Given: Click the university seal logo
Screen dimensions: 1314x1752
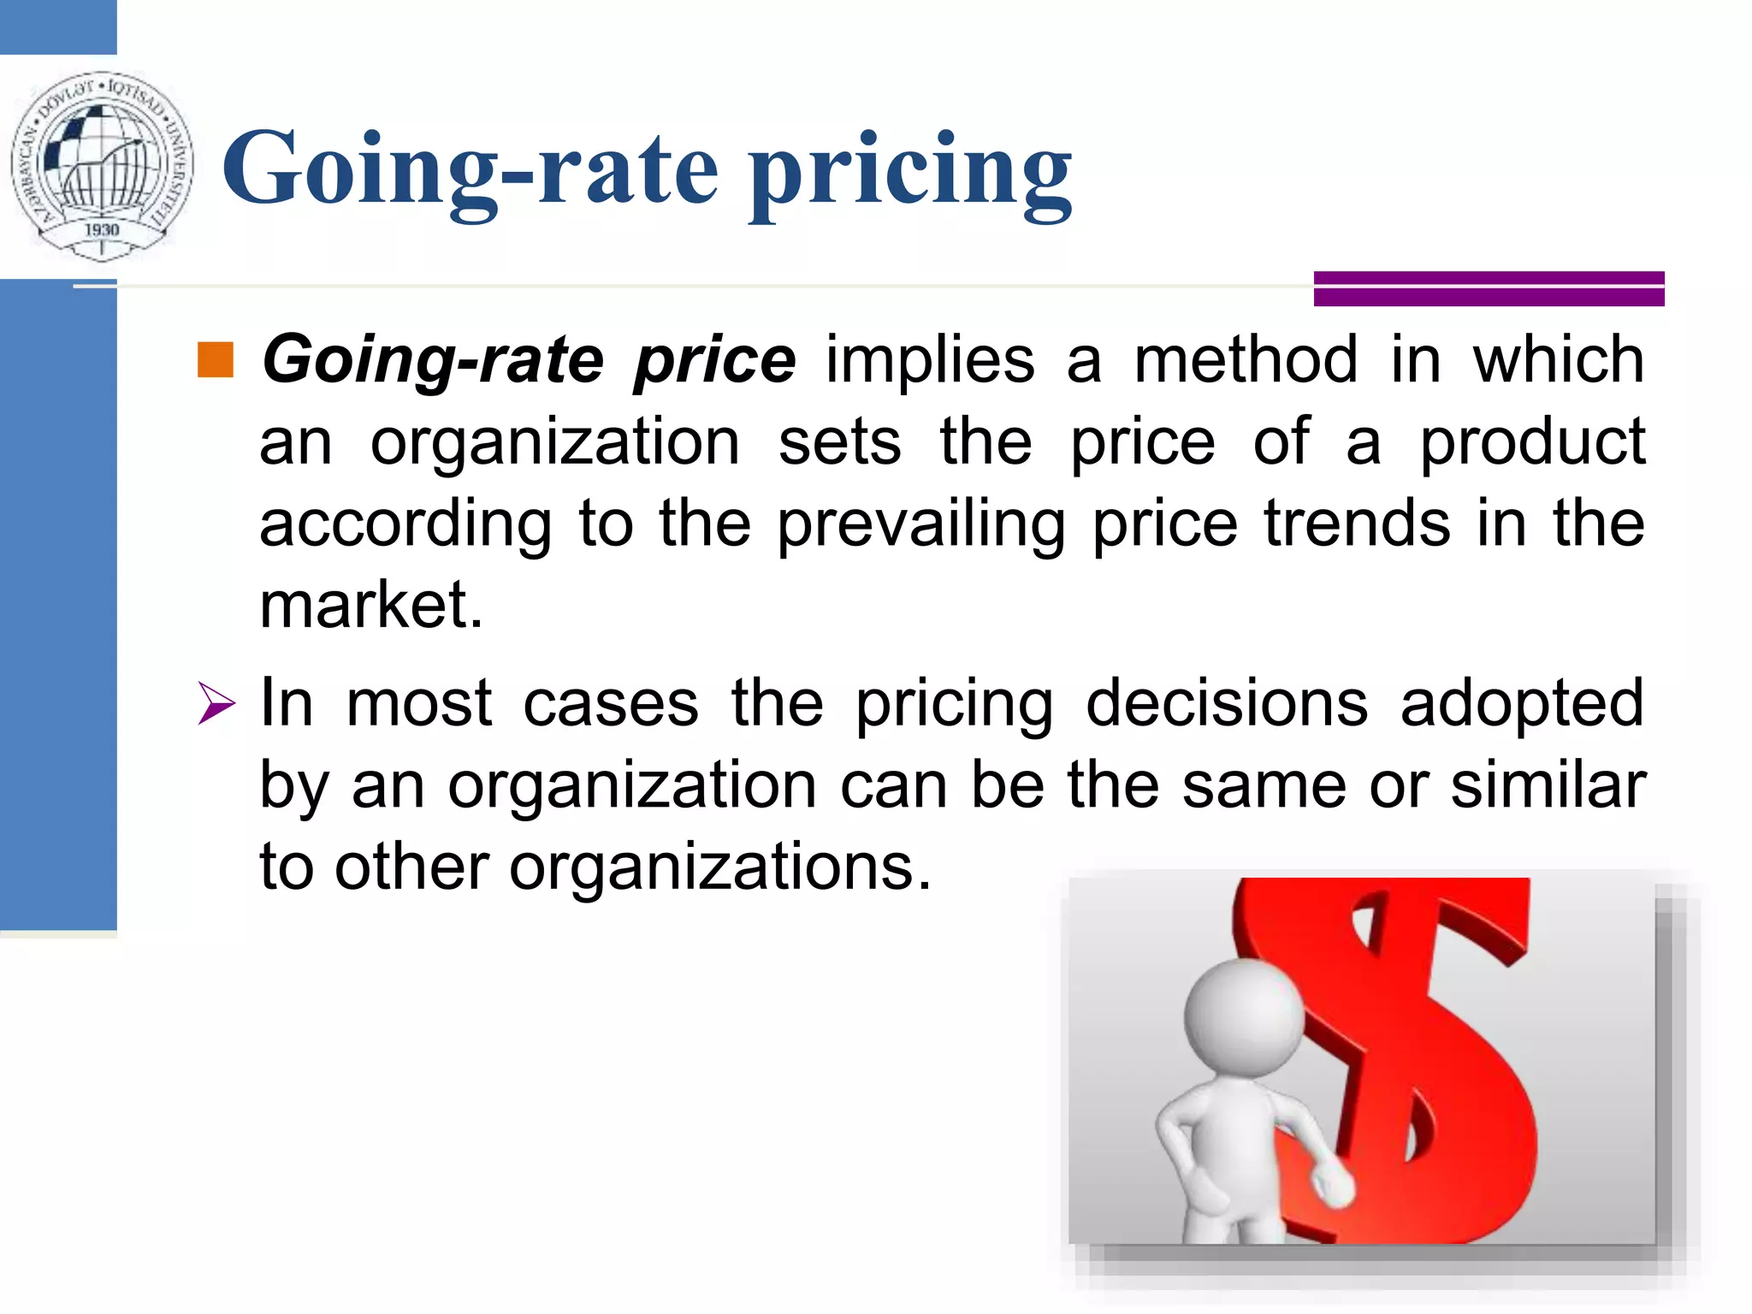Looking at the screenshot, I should (102, 165).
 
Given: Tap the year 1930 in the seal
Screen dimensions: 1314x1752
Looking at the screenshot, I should (102, 229).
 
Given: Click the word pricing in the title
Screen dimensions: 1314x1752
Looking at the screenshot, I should (911, 171).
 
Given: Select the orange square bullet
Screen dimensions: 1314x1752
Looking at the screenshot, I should (215, 360).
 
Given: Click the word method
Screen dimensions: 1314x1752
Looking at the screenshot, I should (1246, 360).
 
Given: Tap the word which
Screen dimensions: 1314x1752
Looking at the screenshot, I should (1558, 360).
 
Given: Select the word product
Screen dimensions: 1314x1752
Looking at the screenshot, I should (1532, 442).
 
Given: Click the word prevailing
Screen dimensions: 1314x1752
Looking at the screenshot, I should (921, 524).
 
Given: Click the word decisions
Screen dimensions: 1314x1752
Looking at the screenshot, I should (1227, 704).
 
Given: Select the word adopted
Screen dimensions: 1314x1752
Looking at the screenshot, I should (1522, 704).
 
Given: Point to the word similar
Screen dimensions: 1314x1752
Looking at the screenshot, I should (1548, 784).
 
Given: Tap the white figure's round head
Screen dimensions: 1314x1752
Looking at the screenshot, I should (1245, 1019).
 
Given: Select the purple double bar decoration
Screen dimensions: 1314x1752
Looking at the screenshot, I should (1489, 288).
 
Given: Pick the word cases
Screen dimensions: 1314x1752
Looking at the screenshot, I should (611, 704).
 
